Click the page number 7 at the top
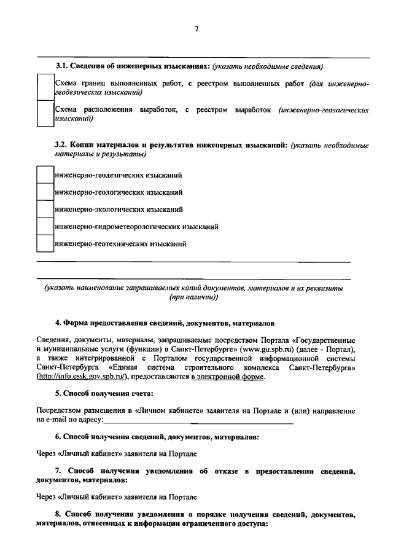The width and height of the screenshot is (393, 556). tap(196, 29)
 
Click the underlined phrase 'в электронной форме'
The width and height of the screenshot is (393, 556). tap(227, 377)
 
